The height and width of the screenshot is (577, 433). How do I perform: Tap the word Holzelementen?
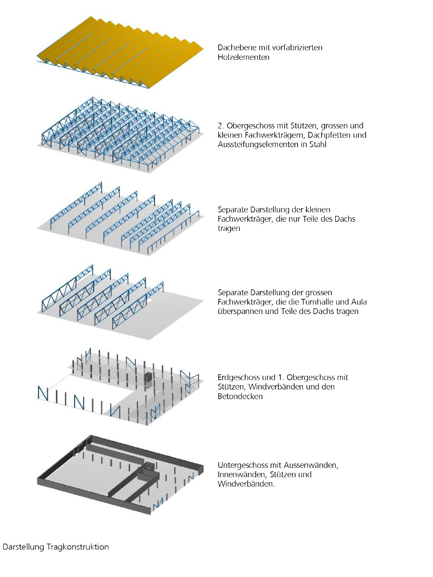[x=244, y=57]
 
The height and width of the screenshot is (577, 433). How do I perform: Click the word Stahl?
[x=319, y=144]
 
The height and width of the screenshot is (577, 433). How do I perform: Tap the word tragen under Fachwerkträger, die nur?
[x=229, y=228]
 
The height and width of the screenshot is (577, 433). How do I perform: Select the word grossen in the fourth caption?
[x=318, y=292]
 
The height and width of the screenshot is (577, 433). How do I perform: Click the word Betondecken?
[x=240, y=396]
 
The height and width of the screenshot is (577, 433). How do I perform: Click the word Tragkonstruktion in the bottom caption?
[x=78, y=547]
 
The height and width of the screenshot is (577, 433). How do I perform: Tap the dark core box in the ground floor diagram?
[x=148, y=380]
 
